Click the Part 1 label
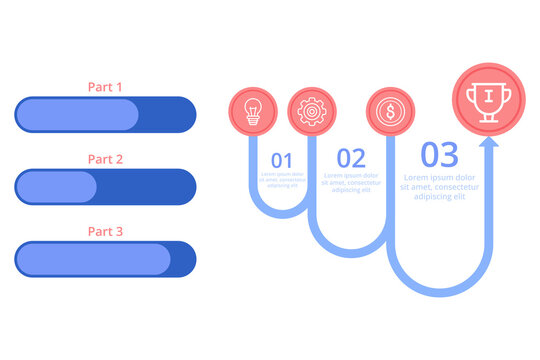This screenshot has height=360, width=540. (105, 87)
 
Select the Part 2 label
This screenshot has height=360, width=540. (105, 159)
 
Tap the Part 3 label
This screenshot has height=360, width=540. (105, 231)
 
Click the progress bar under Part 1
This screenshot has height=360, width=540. (105, 115)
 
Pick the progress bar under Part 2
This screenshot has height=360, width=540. (105, 187)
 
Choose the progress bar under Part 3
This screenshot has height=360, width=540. (105, 259)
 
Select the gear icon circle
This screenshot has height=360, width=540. (312, 111)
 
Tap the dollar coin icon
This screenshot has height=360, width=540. (385, 111)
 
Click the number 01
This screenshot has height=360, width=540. (282, 160)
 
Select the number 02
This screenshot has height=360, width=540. (350, 158)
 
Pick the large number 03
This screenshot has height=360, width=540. (439, 155)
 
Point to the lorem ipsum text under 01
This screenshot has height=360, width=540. (282, 180)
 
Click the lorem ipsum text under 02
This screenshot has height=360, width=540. (350, 182)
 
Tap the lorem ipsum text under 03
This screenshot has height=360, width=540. (439, 187)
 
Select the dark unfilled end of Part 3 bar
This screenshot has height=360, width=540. (183, 259)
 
